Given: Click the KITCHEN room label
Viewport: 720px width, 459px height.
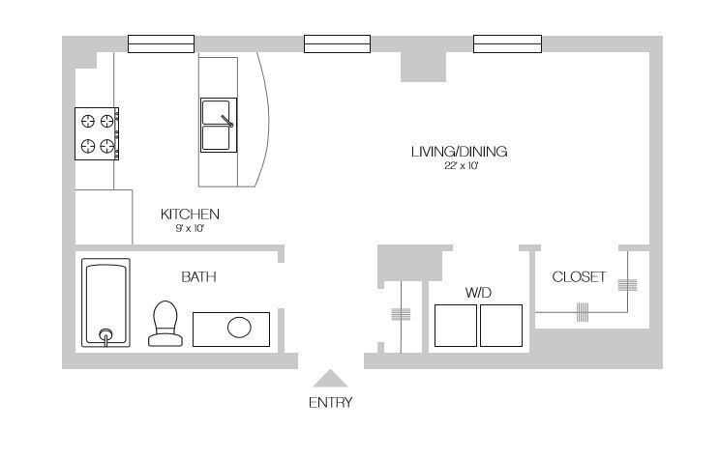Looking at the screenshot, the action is (190, 215).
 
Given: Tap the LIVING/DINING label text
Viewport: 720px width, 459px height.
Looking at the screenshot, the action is (459, 152).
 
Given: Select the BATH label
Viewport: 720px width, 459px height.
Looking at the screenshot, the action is (198, 277).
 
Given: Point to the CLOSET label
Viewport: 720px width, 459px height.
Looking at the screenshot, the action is (579, 277).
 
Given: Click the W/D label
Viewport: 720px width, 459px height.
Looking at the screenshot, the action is (478, 293).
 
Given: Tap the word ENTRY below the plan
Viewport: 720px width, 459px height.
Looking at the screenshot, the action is (331, 403).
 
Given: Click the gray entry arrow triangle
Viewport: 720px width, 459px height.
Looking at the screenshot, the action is (330, 379).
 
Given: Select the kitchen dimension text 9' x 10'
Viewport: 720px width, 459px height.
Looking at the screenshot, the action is (190, 228).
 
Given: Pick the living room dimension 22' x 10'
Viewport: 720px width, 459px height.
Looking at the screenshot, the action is (461, 165).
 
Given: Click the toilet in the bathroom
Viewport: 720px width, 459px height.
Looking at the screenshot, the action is (165, 324).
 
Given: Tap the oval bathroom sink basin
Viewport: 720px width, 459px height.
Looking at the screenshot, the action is (239, 328).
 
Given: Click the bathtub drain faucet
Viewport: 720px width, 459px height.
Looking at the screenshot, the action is (106, 335).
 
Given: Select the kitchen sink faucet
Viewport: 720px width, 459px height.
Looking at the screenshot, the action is (227, 121).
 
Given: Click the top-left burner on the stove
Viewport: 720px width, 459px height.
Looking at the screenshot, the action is (88, 121).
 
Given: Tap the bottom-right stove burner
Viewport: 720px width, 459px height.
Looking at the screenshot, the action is (107, 146).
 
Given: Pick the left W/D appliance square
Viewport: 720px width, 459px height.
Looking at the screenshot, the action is (456, 326).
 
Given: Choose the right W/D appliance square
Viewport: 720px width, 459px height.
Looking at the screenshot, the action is (501, 326).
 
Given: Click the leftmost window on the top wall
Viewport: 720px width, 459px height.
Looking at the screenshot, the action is (162, 44).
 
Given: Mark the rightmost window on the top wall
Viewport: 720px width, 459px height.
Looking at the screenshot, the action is (507, 44).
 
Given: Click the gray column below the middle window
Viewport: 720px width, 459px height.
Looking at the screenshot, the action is (423, 67).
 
